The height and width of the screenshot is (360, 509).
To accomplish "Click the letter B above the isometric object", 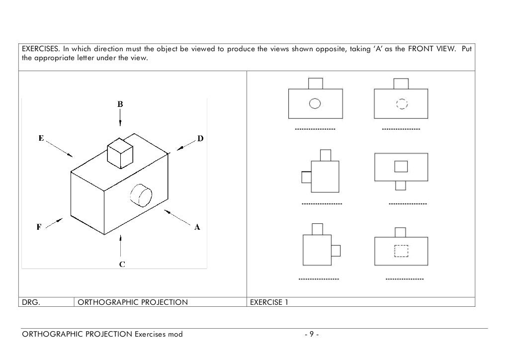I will coord(120,104).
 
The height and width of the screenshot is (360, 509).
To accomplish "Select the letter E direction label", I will coord(42,138).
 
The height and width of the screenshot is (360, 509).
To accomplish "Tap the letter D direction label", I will coord(200,139).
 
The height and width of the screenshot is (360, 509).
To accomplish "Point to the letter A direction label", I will coord(197,227).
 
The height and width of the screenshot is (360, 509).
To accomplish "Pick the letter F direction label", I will coord(39,227).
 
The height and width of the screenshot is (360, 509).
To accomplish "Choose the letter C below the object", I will coord(121,264).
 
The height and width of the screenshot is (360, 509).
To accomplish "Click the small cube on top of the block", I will coord(121,152).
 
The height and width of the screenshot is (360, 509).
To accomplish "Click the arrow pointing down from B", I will coord(120,118).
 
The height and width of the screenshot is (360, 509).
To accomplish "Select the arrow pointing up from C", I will coord(120,246).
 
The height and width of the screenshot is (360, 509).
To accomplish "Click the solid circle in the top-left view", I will coord(315,103).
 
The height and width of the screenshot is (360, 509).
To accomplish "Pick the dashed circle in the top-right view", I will coord(402,103).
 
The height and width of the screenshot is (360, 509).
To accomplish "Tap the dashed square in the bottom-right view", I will coord(401,251).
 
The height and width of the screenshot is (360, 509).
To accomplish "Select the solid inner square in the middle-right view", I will coord(401,166).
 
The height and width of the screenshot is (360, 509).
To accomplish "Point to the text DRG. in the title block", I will coord(30,302).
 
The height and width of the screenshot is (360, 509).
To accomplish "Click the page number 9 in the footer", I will coord(311,334).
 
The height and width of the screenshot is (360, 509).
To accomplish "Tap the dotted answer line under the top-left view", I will coord(315,129).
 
